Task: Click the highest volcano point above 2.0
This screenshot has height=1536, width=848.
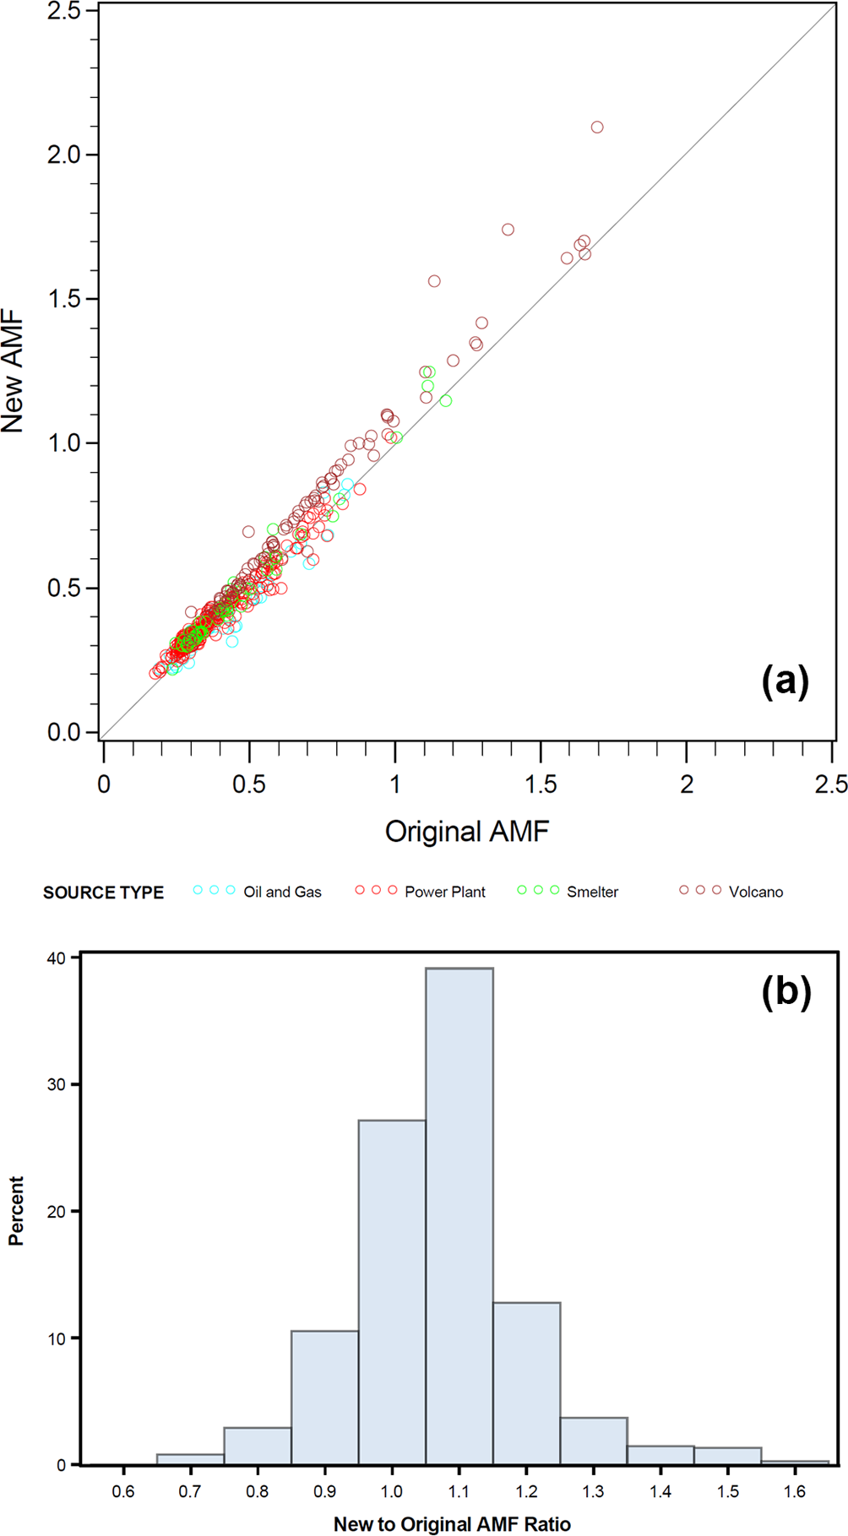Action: pos(597,128)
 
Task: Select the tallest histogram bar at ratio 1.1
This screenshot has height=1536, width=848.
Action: pos(459,1216)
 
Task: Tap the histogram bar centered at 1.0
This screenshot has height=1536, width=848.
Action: pos(392,1292)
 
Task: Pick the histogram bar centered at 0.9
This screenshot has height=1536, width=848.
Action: pos(325,1398)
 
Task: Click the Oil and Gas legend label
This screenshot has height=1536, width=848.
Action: pos(282,892)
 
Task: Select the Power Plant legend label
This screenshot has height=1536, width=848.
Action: pos(445,892)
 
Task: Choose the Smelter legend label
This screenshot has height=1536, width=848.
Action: pos(592,892)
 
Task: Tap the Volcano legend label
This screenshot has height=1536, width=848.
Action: pos(756,892)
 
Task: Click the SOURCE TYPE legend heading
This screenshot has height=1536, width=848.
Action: pos(103,893)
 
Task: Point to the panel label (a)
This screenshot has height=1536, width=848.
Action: pos(785,680)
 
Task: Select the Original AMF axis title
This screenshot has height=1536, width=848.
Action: pos(467,832)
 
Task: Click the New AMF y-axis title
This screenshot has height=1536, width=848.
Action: pos(14,372)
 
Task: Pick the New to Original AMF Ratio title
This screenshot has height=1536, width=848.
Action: pos(452,1523)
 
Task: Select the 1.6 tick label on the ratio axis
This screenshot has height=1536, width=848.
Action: pos(795,1491)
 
